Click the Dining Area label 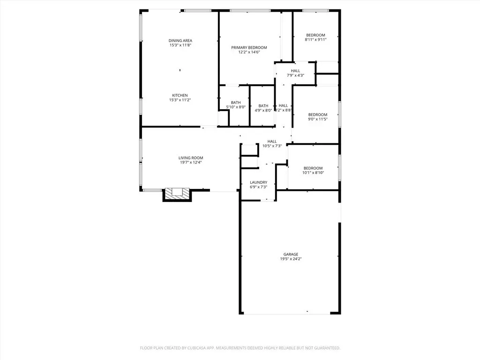(x=180, y=41)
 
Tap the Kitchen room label (x=180, y=96)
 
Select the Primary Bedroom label (x=249, y=48)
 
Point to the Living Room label (x=191, y=158)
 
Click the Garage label (x=291, y=255)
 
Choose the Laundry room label (x=258, y=182)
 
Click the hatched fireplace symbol (x=177, y=194)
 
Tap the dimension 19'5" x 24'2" (x=291, y=259)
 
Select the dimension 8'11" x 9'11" (x=315, y=40)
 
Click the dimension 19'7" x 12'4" (x=191, y=163)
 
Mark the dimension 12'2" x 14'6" (x=249, y=52)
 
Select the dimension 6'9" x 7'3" (x=258, y=187)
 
